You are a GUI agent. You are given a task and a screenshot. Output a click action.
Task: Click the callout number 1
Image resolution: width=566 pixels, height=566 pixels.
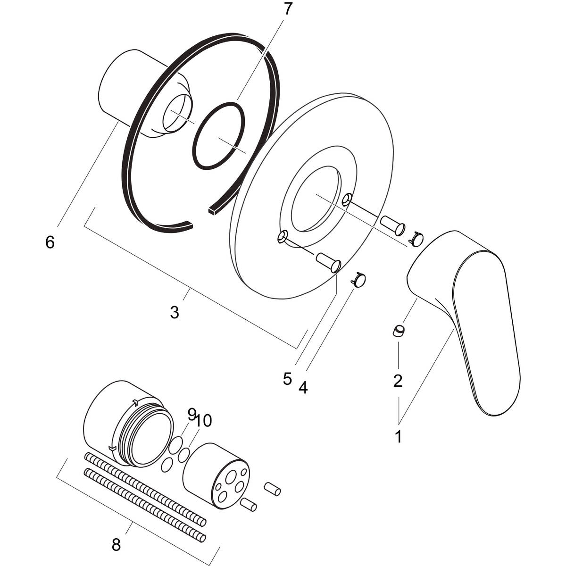click(399, 436)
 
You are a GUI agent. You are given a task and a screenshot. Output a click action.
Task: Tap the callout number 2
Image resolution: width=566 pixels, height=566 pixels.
click(398, 381)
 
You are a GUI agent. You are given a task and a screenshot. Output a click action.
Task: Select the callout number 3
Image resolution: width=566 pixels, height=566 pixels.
click(175, 312)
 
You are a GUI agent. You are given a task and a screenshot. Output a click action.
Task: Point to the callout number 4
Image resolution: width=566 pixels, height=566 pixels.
click(303, 388)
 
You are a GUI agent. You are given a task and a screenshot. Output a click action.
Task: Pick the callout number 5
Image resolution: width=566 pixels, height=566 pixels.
click(287, 379)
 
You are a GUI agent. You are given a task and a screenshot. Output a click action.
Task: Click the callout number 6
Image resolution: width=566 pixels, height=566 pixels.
click(50, 242)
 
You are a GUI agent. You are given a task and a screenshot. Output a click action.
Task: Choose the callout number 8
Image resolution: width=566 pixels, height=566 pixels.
click(116, 545)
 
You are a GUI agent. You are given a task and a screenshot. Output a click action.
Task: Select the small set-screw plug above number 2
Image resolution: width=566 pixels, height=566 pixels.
click(399, 331)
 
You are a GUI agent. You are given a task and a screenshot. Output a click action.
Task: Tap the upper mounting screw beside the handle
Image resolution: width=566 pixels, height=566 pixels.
click(393, 225)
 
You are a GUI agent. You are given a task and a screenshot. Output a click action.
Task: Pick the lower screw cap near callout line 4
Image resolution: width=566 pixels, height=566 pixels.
click(360, 281)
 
